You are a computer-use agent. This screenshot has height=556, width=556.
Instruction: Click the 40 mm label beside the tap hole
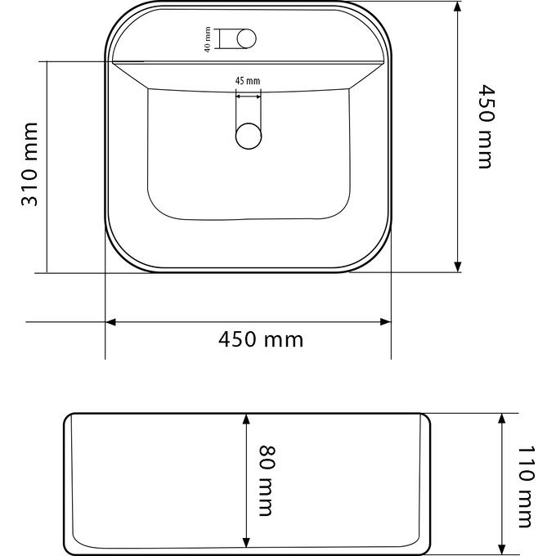tap(208, 39)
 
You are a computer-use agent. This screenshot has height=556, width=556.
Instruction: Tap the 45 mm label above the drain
tap(247, 80)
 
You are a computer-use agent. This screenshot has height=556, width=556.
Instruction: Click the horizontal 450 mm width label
tap(261, 339)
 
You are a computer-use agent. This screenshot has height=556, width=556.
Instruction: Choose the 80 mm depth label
tap(266, 481)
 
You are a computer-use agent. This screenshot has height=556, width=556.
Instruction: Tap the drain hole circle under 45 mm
tap(248, 135)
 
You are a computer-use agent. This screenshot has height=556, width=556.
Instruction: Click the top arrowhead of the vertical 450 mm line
tap(458, 7)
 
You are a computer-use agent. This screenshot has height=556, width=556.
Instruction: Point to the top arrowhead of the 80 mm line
tap(245, 419)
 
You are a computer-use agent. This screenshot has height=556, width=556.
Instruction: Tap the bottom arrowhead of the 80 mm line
tap(245, 543)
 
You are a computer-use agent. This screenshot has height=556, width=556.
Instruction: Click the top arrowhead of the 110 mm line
tap(502, 419)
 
